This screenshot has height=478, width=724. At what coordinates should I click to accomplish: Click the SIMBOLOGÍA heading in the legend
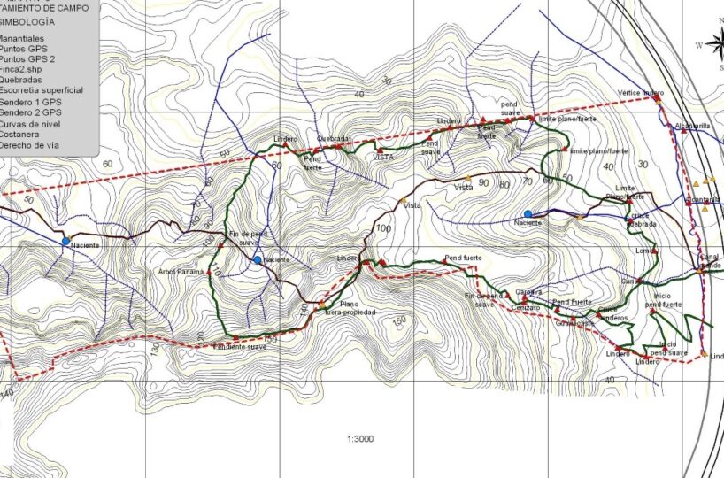(27, 20)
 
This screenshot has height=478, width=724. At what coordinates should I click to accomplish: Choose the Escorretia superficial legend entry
(42, 90)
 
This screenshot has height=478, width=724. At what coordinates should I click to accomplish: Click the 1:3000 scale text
(361, 439)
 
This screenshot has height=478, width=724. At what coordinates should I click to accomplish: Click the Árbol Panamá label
(181, 271)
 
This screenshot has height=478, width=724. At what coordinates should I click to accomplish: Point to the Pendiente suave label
(240, 347)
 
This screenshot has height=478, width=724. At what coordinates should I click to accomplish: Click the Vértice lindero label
(640, 93)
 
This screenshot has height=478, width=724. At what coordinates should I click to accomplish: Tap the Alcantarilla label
(692, 126)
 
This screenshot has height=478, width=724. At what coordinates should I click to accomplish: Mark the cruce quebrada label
(642, 221)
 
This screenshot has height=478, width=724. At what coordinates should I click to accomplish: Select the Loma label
(643, 251)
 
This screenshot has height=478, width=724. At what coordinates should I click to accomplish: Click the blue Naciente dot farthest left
(65, 240)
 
